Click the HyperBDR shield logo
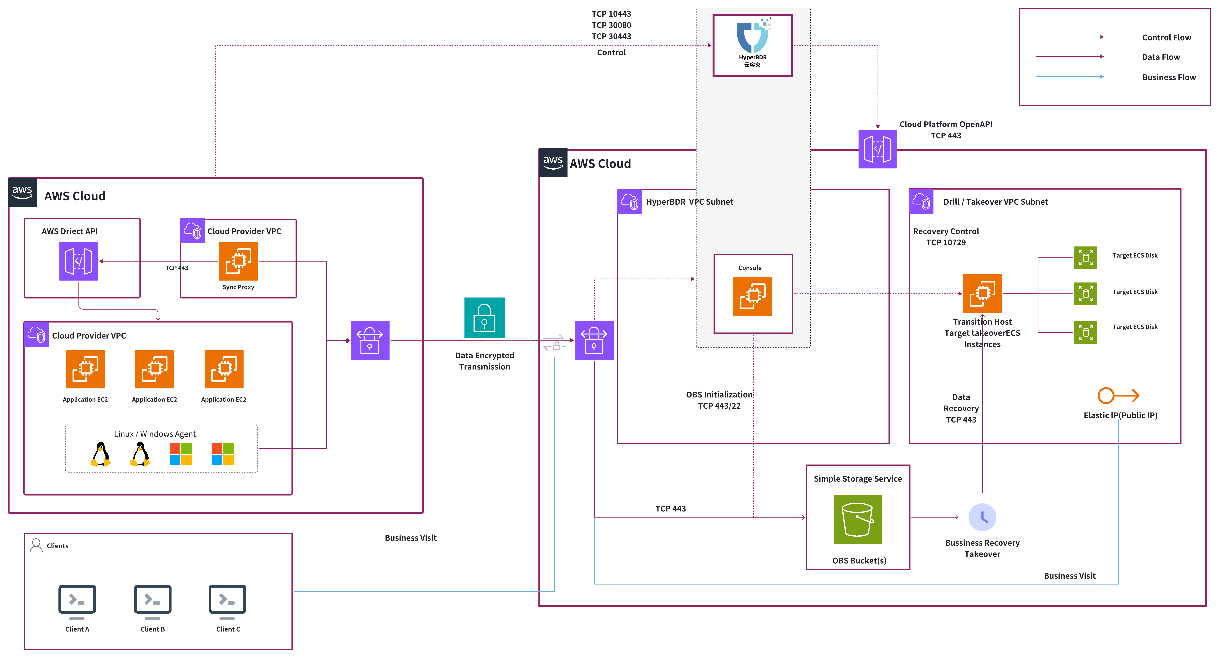[x=752, y=37]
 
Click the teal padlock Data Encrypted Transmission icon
[x=484, y=318]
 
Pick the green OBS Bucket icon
[x=857, y=519]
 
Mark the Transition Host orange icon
[x=982, y=293]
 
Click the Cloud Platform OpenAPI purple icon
[x=877, y=149]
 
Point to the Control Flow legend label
[x=1166, y=37]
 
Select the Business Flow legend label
[x=1168, y=77]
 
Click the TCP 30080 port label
[x=611, y=25]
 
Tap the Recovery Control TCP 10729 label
[x=945, y=237]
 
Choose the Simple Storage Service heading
[x=857, y=479]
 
